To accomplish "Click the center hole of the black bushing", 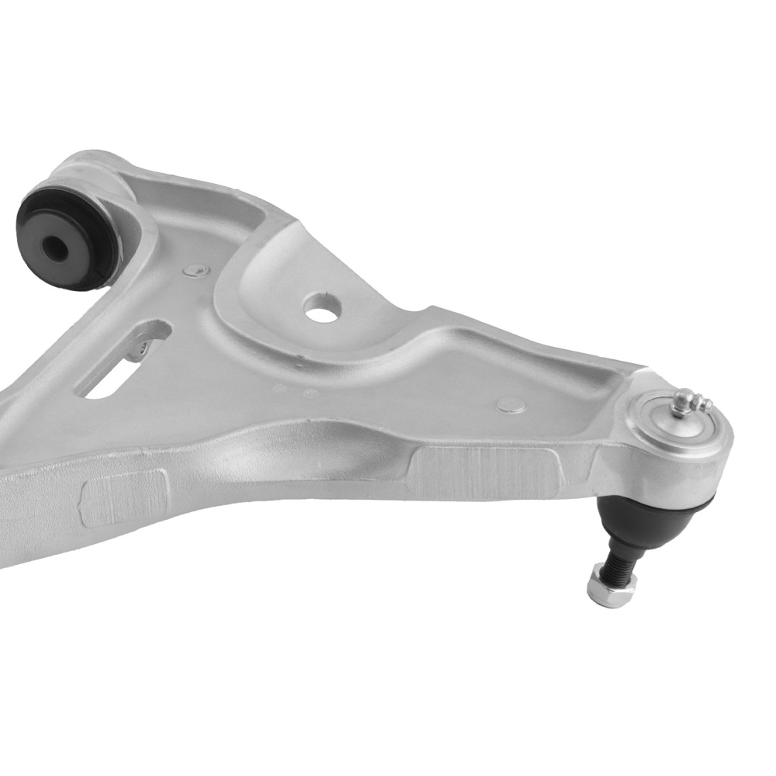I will point(56,248).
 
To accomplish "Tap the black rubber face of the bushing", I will point(74,225).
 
